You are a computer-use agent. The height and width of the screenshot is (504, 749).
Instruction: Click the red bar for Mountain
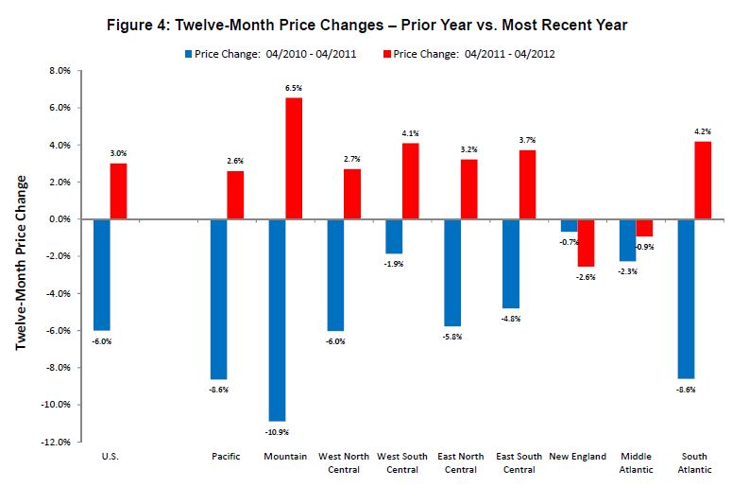[294, 158]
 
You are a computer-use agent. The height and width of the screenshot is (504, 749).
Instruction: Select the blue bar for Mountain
[277, 320]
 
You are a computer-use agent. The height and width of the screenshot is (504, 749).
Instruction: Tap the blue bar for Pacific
[218, 299]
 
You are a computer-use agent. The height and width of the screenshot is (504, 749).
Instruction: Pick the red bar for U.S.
[119, 191]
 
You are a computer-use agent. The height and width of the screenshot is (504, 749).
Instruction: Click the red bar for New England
[587, 243]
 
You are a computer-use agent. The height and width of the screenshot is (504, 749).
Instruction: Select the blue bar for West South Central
[394, 236]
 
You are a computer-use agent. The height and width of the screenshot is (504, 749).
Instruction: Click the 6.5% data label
[294, 89]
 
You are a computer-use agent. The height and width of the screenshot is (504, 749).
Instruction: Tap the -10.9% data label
[276, 431]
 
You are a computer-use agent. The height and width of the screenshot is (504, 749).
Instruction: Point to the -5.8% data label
[452, 338]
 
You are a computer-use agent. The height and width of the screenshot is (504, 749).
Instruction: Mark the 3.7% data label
[528, 141]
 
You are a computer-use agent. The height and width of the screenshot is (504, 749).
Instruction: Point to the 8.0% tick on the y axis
[60, 71]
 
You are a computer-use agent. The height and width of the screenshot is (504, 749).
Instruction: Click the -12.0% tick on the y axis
[58, 442]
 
